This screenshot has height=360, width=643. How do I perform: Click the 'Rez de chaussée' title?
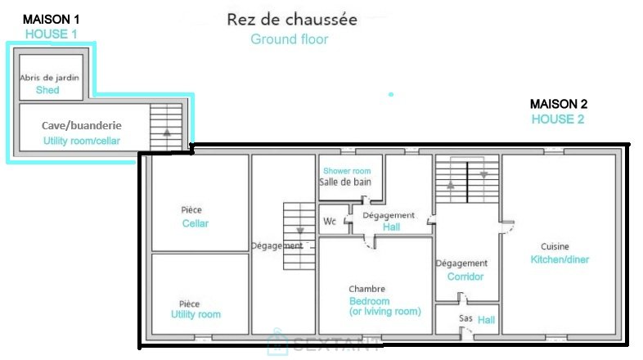(292, 20)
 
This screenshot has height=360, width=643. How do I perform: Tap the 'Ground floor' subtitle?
(289, 39)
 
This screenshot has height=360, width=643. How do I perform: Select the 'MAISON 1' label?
(51, 20)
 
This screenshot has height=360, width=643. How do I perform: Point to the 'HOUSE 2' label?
(558, 119)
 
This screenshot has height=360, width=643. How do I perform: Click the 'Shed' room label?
(47, 90)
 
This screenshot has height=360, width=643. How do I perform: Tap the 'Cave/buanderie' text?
(82, 125)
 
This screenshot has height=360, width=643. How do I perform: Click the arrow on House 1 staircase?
(167, 132)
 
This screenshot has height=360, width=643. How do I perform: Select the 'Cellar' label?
(196, 223)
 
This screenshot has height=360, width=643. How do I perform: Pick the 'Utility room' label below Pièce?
(196, 314)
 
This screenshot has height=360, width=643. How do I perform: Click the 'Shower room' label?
(347, 171)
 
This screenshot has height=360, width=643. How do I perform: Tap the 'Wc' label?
(330, 222)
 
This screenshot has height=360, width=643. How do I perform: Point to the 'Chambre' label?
(366, 289)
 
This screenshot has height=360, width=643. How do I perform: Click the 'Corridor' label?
(465, 277)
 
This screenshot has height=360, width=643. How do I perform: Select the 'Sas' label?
(465, 318)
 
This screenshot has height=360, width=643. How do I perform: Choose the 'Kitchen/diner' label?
(560, 259)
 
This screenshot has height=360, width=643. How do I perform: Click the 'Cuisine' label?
(555, 246)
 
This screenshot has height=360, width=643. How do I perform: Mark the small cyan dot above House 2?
(391, 94)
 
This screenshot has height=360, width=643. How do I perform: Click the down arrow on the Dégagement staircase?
(300, 231)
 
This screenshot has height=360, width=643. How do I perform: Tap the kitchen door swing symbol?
(508, 227)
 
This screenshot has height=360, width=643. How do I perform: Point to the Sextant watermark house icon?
(277, 342)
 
